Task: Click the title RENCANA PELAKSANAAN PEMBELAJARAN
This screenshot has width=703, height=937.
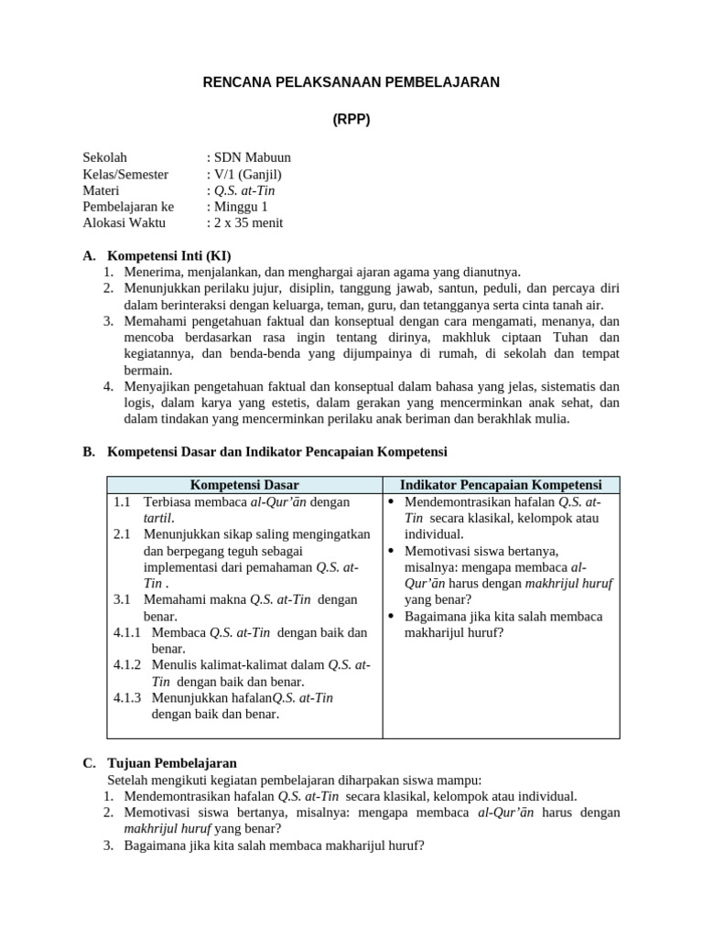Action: (x=351, y=82)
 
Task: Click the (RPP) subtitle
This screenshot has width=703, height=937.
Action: (x=351, y=120)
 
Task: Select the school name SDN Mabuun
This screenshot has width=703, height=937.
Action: (x=252, y=157)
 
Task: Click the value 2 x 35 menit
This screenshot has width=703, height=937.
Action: (x=248, y=223)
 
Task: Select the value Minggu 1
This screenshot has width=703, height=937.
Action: (x=241, y=207)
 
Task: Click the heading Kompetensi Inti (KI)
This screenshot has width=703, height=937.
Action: (x=169, y=255)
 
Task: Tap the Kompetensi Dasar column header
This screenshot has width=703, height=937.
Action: (x=244, y=485)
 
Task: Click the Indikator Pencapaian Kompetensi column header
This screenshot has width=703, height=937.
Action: (x=501, y=485)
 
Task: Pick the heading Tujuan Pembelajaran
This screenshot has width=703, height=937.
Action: (x=172, y=763)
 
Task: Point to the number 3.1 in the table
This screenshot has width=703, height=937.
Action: (x=124, y=599)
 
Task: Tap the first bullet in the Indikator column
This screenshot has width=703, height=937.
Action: (x=391, y=502)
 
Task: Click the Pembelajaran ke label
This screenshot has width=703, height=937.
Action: (x=128, y=207)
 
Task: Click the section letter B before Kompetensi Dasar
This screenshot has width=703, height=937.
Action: (x=88, y=452)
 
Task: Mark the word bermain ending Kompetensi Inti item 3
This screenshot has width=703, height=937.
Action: (x=148, y=370)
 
